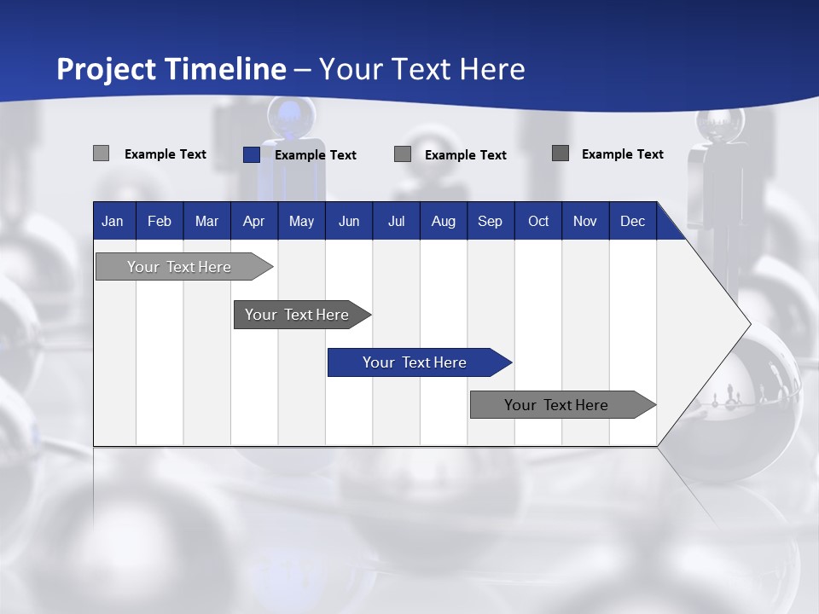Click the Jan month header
click(x=113, y=221)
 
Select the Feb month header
click(x=160, y=221)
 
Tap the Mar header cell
click(x=206, y=221)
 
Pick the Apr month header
click(x=254, y=221)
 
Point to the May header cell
click(x=301, y=221)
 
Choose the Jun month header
click(x=349, y=221)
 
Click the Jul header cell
click(x=396, y=221)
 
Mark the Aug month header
click(x=444, y=221)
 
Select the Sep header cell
click(x=491, y=221)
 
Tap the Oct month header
click(x=538, y=221)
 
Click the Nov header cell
click(x=585, y=221)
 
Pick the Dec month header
click(x=633, y=221)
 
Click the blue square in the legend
click(x=252, y=154)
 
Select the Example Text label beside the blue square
click(x=316, y=155)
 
